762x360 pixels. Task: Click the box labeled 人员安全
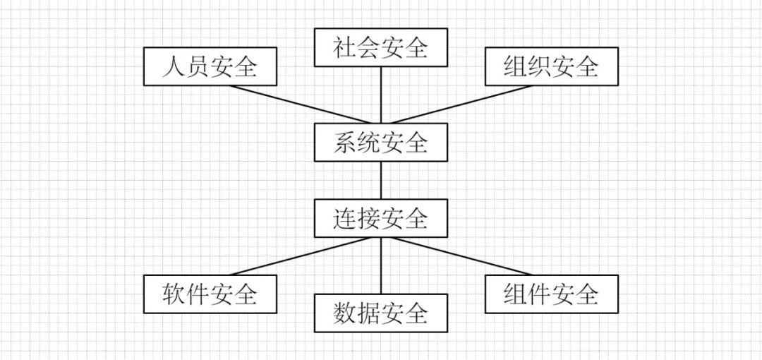point(210,67)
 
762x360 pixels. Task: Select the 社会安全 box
point(381,48)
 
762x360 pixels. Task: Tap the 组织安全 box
point(552,67)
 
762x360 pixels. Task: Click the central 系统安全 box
point(381,143)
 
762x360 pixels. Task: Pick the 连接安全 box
point(381,218)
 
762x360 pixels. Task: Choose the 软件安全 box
point(210,294)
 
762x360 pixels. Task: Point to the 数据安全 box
point(381,313)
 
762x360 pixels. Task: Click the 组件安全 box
point(552,294)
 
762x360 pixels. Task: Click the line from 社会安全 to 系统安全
point(381,95)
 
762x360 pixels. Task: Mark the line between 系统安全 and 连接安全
point(381,181)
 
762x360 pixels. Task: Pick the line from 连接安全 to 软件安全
point(300,256)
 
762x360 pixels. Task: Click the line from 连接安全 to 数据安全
point(381,265)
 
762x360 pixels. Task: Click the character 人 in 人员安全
point(174,67)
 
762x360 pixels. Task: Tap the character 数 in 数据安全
point(345,313)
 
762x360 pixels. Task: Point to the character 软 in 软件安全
point(174,294)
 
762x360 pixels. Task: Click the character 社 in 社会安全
point(345,48)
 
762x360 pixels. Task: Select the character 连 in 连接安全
point(345,218)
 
